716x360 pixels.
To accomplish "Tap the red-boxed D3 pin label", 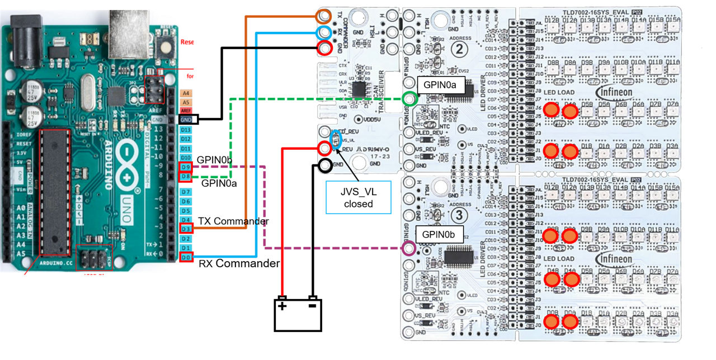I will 186,229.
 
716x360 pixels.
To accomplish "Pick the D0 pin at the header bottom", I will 186,257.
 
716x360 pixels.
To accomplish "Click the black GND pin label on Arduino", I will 186,119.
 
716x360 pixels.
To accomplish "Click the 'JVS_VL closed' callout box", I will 359,197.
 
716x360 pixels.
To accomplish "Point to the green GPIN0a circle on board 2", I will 409,100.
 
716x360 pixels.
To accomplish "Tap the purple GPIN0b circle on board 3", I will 409,248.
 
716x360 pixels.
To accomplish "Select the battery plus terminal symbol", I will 282,306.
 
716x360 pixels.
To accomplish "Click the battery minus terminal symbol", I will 313,306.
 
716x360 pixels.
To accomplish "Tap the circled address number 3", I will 460,215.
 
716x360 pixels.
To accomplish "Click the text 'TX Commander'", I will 233,221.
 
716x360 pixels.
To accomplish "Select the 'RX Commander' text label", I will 239,263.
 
